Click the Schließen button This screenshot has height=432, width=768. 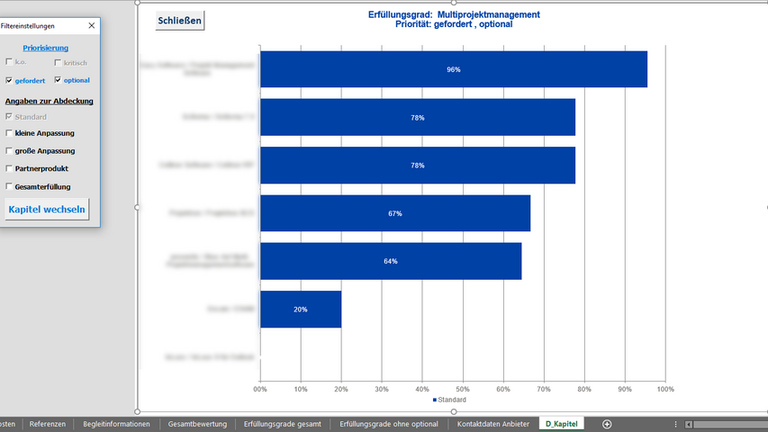180,20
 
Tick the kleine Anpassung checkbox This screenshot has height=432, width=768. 9,133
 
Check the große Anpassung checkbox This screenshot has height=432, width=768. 9,151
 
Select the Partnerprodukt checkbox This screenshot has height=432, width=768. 9,168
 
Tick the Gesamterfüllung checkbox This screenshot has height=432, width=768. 9,186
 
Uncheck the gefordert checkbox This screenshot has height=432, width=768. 9,80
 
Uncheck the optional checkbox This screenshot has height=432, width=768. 58,80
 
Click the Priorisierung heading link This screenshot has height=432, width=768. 45,48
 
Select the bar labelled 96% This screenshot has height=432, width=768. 453,69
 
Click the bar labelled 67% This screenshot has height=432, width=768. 394,213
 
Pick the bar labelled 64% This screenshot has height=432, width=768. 390,261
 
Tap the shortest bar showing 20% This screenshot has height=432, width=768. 301,309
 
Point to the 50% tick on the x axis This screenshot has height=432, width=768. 463,389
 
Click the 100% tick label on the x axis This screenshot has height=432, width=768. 665,389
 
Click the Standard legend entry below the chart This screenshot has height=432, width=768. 450,400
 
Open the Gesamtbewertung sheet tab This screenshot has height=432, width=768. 196,424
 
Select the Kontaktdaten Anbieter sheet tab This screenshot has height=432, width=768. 492,424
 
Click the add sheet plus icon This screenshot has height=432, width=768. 607,424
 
